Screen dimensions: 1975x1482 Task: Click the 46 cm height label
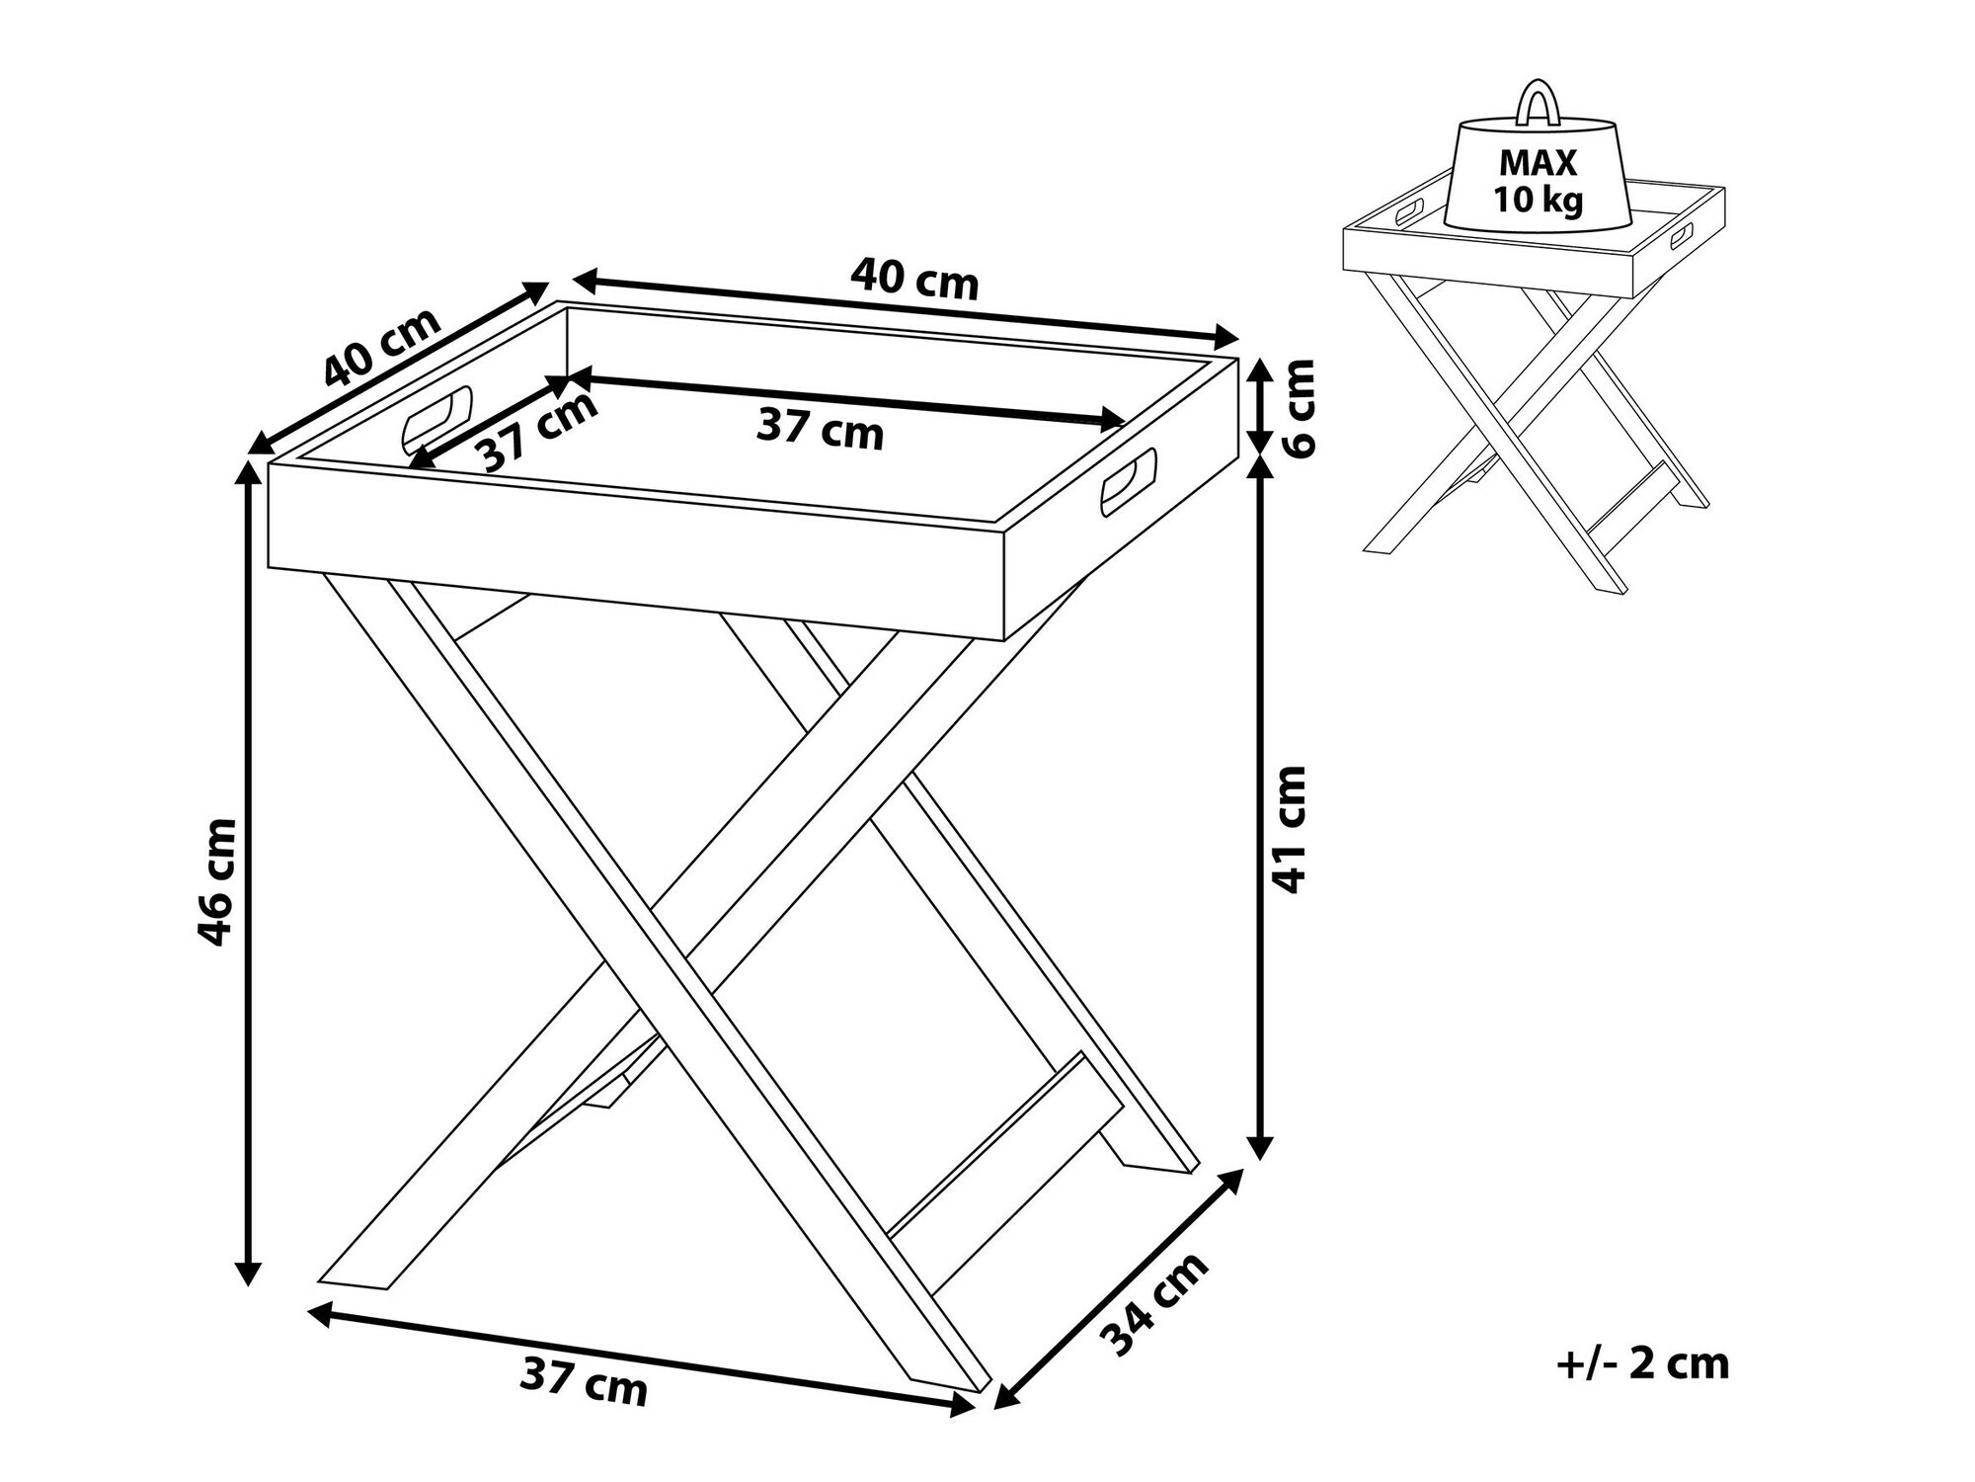(217, 881)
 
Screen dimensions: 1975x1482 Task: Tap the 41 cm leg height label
(1288, 828)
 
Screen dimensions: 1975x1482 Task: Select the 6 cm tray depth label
(1298, 407)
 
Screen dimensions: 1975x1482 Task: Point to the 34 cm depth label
(1155, 1303)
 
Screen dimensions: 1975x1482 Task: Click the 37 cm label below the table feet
(584, 1379)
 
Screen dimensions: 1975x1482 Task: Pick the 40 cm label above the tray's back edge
(914, 279)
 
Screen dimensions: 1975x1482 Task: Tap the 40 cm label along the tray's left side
(382, 347)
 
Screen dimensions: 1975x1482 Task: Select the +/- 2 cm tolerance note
(1643, 1363)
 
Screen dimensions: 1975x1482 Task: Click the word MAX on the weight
(1538, 162)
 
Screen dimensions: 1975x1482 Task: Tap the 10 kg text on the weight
(1538, 201)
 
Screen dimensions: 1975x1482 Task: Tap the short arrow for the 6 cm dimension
(1259, 406)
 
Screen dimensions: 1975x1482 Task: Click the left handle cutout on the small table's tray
(1409, 210)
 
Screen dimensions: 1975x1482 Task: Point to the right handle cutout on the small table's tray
(1681, 235)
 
